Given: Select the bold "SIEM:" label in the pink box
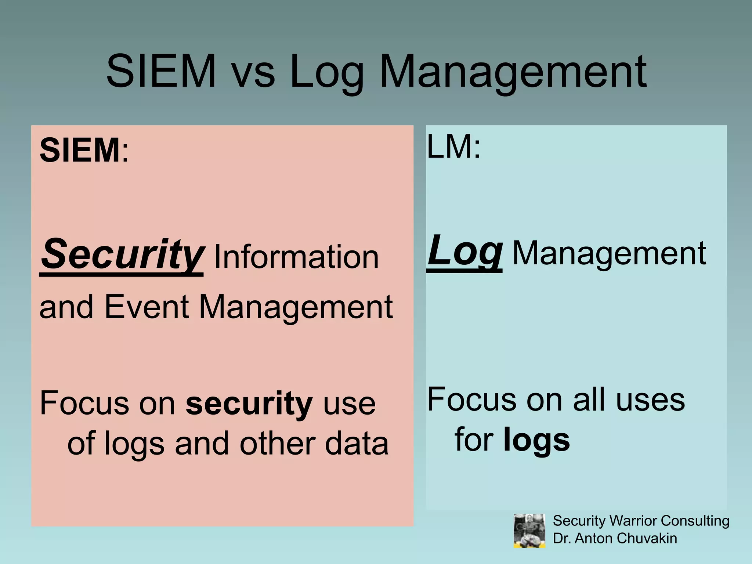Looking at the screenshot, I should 84,150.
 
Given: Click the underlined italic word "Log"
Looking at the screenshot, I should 464,251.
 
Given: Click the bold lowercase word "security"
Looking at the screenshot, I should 249,403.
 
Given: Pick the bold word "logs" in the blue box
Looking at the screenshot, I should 536,440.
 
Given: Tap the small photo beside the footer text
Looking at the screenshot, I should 529,531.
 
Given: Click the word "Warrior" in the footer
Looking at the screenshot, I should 633,521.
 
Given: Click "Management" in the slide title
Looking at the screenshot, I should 513,72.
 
